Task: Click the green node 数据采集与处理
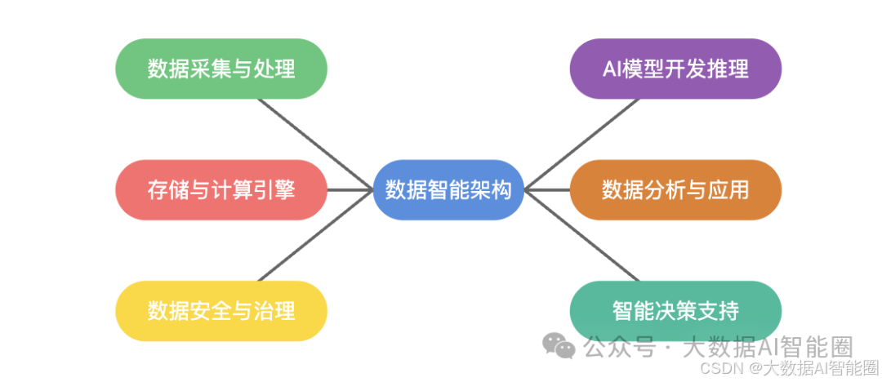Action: (x=220, y=69)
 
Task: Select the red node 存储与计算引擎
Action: (x=220, y=190)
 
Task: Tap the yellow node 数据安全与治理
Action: (x=220, y=311)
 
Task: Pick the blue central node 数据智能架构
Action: (x=448, y=190)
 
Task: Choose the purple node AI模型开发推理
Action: (x=675, y=69)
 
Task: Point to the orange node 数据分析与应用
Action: (x=675, y=190)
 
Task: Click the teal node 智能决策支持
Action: (x=675, y=311)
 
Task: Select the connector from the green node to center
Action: (x=314, y=144)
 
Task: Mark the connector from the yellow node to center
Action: (x=314, y=236)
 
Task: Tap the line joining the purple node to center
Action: (x=581, y=144)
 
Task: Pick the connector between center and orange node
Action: (x=546, y=190)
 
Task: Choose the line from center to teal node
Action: (x=581, y=236)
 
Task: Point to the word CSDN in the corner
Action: (x=719, y=369)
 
